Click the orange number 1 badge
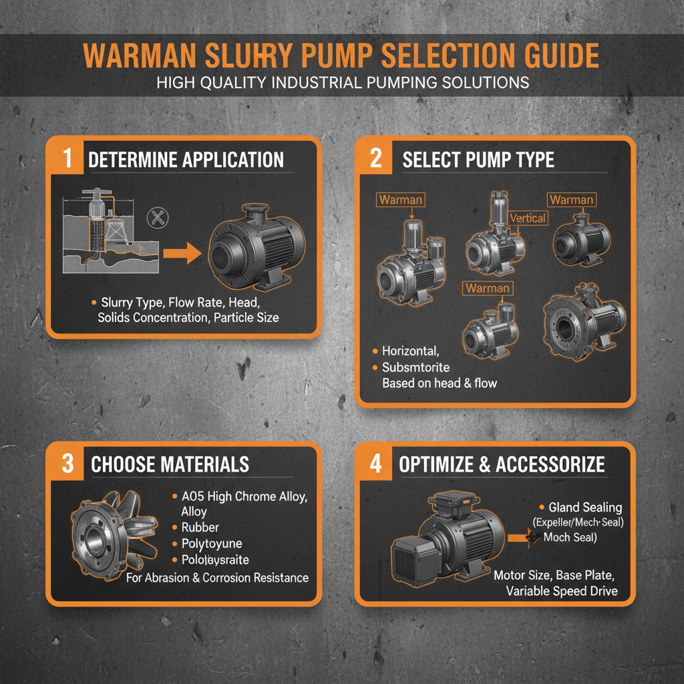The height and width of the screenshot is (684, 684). [66, 159]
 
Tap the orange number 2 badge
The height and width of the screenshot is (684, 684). [375, 159]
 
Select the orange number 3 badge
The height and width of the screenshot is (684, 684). [67, 464]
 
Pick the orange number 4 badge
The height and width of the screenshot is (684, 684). [375, 464]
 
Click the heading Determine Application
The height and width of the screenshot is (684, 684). [186, 160]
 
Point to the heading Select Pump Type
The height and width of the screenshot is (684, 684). [478, 160]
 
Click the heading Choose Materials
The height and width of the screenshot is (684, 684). [170, 464]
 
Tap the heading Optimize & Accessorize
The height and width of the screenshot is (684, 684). [502, 464]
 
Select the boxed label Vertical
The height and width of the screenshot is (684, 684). [527, 218]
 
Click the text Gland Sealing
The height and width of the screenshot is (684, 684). [585, 508]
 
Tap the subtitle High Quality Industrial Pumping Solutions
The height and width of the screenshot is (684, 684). [342, 82]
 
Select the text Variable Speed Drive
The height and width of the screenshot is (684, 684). [561, 590]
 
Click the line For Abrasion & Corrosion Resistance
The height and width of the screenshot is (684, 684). [217, 578]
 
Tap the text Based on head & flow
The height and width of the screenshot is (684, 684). [439, 383]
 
